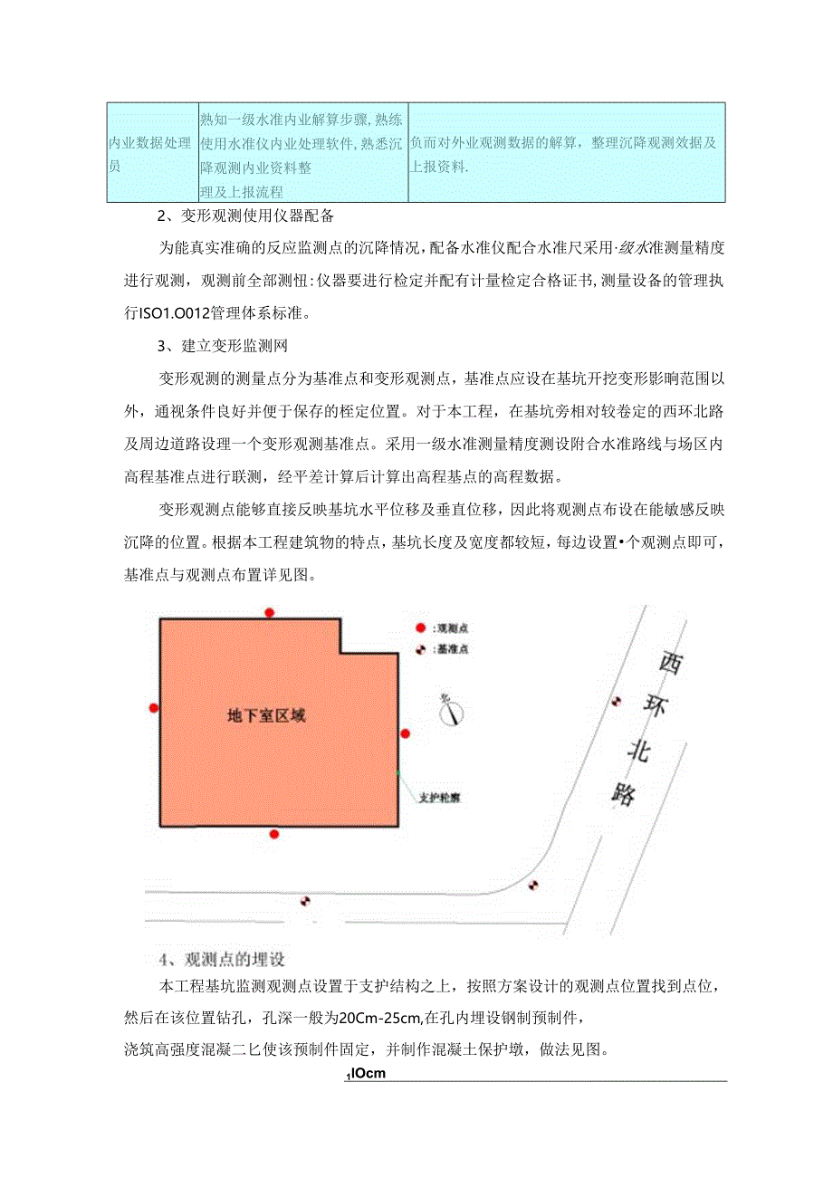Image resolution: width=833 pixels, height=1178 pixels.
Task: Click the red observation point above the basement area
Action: click(269, 613)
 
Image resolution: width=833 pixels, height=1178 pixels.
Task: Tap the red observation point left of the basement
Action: click(154, 708)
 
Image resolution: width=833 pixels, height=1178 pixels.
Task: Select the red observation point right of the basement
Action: click(406, 733)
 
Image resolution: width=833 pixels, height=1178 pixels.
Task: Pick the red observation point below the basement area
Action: click(274, 833)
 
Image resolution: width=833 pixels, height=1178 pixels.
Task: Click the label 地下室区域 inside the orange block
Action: click(266, 715)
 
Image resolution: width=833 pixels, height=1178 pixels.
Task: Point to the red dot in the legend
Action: click(420, 628)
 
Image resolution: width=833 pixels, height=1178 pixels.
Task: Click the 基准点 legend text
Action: click(452, 649)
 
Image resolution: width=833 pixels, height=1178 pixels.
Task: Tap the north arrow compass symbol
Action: click(450, 712)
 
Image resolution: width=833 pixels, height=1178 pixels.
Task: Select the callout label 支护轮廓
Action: click(440, 799)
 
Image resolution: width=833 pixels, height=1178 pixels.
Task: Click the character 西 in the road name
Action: click(670, 663)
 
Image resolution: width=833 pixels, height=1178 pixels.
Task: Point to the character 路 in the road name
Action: click(623, 793)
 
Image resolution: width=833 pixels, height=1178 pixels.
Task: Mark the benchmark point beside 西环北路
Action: click(618, 701)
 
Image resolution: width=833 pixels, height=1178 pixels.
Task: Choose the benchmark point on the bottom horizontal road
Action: click(305, 901)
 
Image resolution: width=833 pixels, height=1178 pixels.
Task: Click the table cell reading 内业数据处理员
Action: click(150, 151)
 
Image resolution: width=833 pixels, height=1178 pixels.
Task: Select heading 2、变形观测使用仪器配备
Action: click(245, 216)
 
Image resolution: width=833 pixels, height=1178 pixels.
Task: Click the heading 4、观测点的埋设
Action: click(222, 959)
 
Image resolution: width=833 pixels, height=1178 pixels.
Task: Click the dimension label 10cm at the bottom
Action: click(367, 1075)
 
